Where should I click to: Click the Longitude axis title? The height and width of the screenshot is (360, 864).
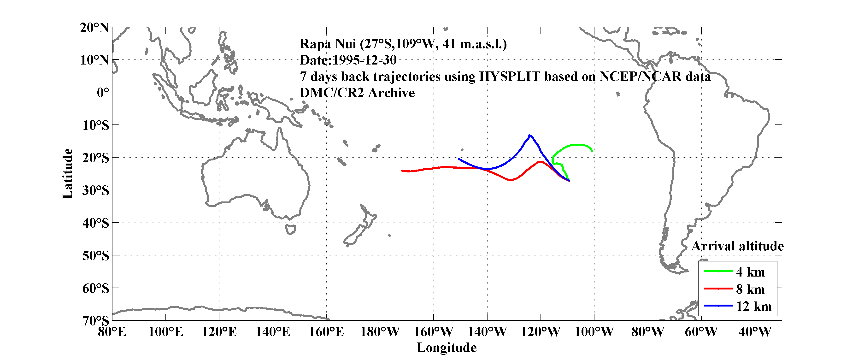coord(447,348)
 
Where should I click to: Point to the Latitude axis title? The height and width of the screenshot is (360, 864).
coord(67,173)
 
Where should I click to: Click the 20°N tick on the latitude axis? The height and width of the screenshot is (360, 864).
coord(94,28)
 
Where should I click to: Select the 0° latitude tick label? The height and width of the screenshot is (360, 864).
coord(103,92)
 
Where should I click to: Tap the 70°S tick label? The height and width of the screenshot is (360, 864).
coord(96,321)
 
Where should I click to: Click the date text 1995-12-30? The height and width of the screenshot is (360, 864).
coord(364,60)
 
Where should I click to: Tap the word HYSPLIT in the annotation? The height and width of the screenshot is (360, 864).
coord(509,77)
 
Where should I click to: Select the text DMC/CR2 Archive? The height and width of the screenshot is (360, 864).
coord(357,93)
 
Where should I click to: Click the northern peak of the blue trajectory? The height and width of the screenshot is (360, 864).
coord(529,136)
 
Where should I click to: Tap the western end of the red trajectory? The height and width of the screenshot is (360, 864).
coord(402,171)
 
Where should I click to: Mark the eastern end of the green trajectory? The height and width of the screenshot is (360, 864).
coord(592,151)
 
